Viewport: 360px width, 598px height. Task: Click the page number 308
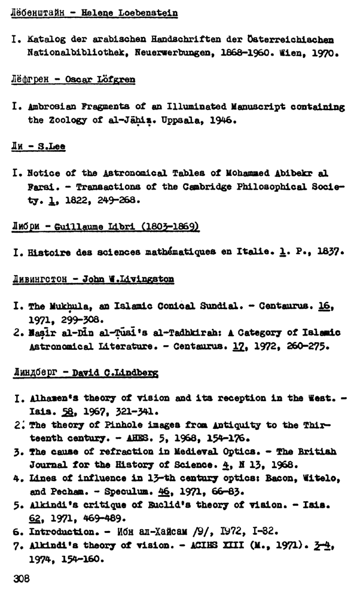point(23,579)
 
